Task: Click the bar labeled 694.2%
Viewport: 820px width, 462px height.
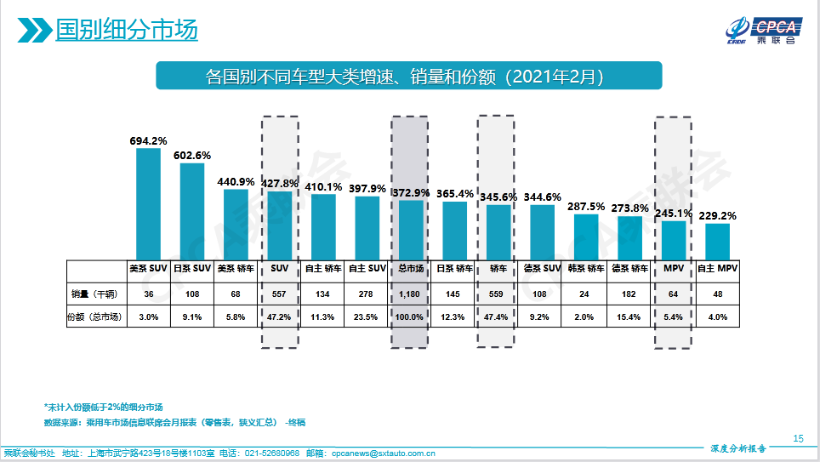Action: [x=148, y=203]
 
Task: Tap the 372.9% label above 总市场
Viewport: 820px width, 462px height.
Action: [x=412, y=193]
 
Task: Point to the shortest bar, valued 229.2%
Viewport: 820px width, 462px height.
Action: [x=717, y=242]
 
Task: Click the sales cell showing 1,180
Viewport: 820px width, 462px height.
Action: [x=412, y=294]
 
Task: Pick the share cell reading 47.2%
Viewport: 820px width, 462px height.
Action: [x=280, y=317]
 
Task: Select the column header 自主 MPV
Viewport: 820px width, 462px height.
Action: [x=717, y=269]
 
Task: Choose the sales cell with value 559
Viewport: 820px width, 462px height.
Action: [x=499, y=294]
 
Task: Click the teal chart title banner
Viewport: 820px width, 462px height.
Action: [x=408, y=76]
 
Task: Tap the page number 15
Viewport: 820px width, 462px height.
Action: [x=797, y=438]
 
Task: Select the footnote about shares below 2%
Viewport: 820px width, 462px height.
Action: [x=103, y=407]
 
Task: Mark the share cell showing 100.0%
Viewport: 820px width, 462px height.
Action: [x=412, y=317]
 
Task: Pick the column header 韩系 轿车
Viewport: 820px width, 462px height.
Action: [x=586, y=269]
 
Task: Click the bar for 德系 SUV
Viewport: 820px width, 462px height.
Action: [x=543, y=231]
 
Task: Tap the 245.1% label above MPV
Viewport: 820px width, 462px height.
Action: [x=674, y=214]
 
